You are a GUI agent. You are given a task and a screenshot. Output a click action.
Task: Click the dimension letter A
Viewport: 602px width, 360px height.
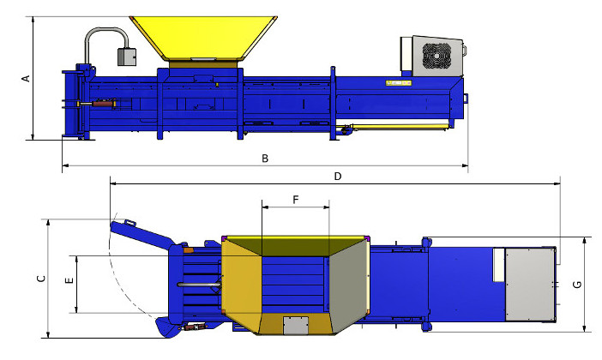(26, 78)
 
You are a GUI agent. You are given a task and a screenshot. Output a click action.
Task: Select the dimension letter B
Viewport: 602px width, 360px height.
(265, 158)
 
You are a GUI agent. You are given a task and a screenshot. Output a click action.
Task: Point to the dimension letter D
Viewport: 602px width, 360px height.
(338, 177)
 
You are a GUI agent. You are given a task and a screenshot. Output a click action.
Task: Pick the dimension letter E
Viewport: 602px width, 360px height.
(69, 280)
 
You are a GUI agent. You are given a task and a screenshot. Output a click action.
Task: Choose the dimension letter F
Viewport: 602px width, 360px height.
(296, 200)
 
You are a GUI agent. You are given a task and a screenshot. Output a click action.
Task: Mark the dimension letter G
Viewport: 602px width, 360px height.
(577, 285)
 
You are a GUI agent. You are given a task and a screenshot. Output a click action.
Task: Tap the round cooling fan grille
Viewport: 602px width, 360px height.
(436, 55)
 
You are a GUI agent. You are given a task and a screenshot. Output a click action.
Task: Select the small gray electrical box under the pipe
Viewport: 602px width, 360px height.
(126, 57)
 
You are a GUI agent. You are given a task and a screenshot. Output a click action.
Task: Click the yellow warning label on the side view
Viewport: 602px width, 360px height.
(399, 82)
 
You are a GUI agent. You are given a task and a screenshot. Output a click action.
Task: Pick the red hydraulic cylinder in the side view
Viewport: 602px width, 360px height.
(103, 104)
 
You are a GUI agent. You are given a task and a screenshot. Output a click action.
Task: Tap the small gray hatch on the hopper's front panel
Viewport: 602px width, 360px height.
(296, 326)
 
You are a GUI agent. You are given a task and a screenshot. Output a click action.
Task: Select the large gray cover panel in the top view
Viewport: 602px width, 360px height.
(530, 285)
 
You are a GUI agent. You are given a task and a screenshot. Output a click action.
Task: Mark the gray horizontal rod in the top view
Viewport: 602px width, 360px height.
(199, 285)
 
